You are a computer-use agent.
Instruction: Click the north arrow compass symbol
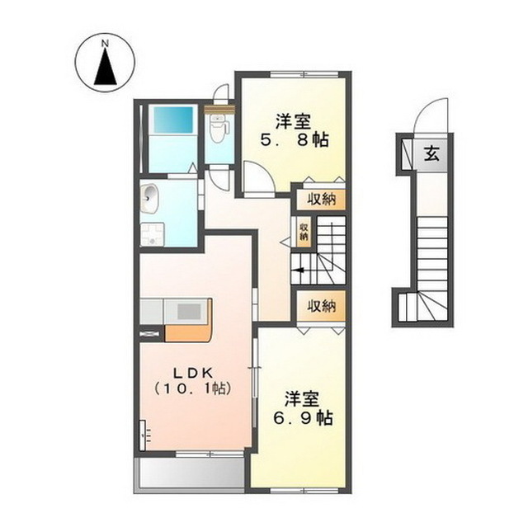pyautogui.click(x=104, y=67)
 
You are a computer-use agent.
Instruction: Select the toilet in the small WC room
pyautogui.click(x=218, y=130)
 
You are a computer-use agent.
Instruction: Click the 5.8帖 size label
pyautogui.click(x=296, y=140)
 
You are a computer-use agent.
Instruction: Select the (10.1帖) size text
pyautogui.click(x=191, y=388)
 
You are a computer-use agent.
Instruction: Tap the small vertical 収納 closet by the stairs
pyautogui.click(x=304, y=232)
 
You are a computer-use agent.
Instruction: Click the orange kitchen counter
pyautogui.click(x=191, y=326)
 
